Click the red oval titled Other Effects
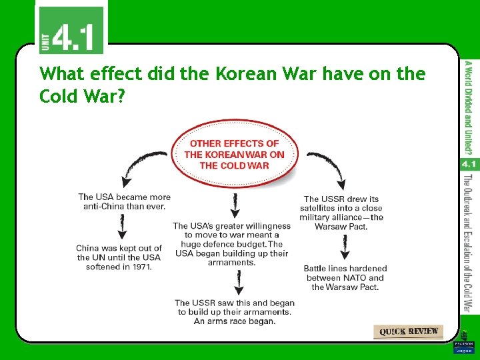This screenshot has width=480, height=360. click(235, 153)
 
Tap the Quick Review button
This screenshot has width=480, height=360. click(409, 331)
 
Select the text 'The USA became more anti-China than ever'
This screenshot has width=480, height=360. click(124, 201)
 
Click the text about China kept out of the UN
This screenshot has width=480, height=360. click(119, 257)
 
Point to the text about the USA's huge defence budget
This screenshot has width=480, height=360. click(231, 244)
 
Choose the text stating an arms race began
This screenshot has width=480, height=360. click(234, 312)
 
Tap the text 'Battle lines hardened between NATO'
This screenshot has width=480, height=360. click(345, 277)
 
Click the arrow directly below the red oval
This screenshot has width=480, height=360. click(234, 206)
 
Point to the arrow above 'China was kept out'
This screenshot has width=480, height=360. click(122, 227)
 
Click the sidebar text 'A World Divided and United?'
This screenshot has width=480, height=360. click(469, 107)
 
